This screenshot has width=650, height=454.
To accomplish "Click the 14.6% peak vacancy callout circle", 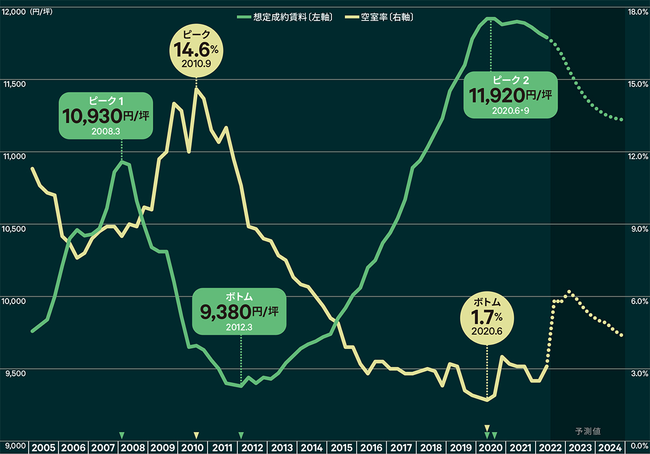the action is click(197, 51).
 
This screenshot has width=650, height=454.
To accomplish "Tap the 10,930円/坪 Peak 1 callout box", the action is click(106, 116).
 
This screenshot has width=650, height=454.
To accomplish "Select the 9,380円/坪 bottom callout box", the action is click(239, 311).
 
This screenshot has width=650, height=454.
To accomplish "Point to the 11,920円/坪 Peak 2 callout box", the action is click(510, 95).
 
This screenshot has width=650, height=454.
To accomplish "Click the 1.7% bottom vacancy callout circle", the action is click(487, 318).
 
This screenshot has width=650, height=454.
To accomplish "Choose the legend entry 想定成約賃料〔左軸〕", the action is click(285, 17).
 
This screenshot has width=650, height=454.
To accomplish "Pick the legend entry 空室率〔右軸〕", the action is click(379, 17).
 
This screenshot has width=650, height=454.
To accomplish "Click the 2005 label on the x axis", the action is click(43, 448).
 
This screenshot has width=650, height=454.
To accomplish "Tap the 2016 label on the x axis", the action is click(372, 448).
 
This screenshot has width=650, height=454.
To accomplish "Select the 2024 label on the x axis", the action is click(610, 448).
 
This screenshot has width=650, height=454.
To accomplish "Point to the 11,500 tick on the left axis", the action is click(15, 84).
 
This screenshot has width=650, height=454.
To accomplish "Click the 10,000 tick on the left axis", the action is click(14, 301).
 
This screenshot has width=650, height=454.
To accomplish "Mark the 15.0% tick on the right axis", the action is click(638, 84).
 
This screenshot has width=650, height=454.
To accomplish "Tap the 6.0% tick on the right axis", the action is click(639, 301).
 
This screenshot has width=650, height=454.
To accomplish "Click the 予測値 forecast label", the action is click(588, 431).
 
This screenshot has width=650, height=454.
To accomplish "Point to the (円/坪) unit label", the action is click(41, 12).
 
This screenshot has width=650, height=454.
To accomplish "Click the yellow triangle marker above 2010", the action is click(197, 435).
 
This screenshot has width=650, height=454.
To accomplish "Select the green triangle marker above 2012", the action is click(241, 435).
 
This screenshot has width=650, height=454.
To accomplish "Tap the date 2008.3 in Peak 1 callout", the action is click(106, 131).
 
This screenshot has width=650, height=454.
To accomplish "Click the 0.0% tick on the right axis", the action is click(640, 445).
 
